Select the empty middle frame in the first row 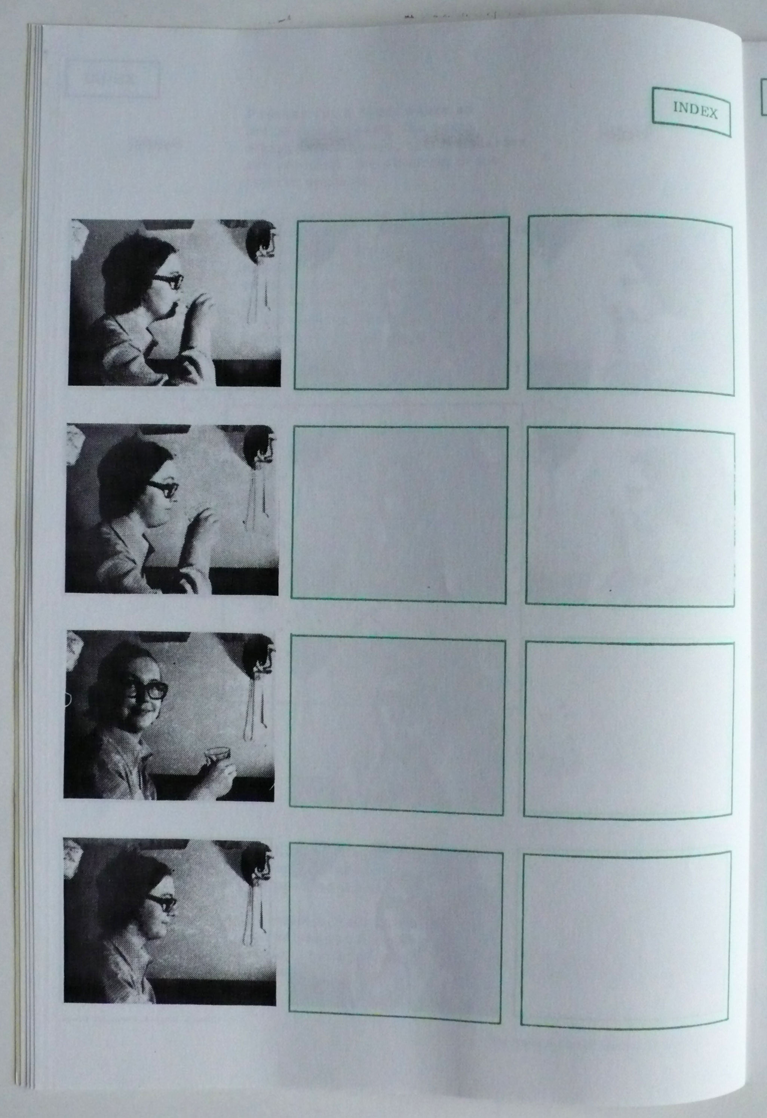401,304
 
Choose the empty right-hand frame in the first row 631,306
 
